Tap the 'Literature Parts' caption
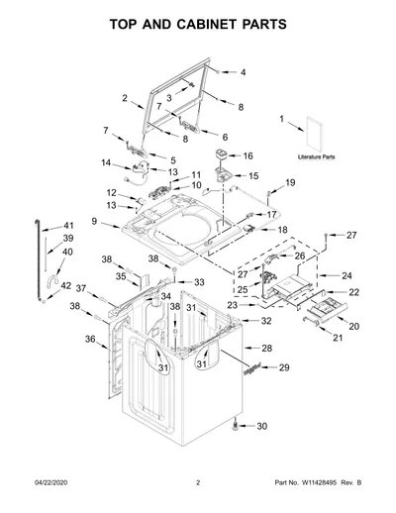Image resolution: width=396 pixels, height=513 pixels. [316, 156]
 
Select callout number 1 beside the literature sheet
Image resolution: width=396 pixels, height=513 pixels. [281, 119]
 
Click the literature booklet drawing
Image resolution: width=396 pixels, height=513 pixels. [314, 134]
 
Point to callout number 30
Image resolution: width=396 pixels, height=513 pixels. [261, 426]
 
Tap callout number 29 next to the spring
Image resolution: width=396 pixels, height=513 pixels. [284, 367]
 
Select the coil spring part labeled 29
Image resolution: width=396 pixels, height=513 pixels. [252, 368]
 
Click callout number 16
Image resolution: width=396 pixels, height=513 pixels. [247, 155]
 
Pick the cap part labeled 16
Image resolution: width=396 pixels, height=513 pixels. [221, 154]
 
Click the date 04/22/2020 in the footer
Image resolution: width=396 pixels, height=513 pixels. [51, 482]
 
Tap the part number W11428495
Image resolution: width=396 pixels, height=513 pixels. [318, 482]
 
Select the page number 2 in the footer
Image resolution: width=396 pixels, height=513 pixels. [198, 482]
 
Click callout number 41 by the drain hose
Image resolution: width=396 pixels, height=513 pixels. [68, 226]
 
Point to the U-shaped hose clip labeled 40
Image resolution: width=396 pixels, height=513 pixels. [51, 279]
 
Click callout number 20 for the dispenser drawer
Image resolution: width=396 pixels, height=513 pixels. [353, 326]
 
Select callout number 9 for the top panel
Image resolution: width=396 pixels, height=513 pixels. [94, 221]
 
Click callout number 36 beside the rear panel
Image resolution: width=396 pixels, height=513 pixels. [90, 339]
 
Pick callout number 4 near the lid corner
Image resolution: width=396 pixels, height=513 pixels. [243, 72]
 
